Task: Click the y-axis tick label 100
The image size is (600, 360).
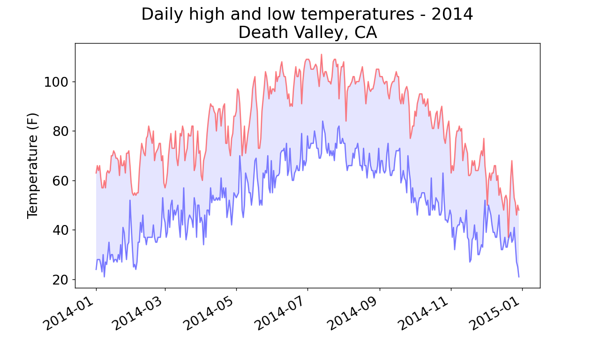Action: pyautogui.click(x=56, y=82)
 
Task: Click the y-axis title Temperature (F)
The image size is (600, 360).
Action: pyautogui.click(x=32, y=165)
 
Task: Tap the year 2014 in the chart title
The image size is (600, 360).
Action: pyautogui.click(x=452, y=14)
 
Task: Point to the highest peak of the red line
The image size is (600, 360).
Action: pyautogui.click(x=322, y=54)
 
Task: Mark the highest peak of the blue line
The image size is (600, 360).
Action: pyautogui.click(x=322, y=121)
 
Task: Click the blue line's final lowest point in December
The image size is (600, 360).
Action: pyautogui.click(x=519, y=277)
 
